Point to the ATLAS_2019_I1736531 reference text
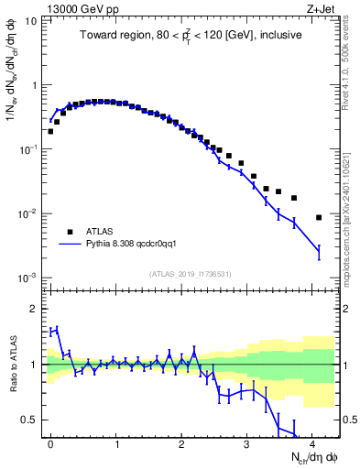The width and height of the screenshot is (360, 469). pyautogui.click(x=190, y=273)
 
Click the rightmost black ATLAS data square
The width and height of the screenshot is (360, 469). pyautogui.click(x=318, y=217)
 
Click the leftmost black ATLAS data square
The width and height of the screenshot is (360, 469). pyautogui.click(x=50, y=131)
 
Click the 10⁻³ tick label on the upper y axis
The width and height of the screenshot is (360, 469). pyautogui.click(x=27, y=277)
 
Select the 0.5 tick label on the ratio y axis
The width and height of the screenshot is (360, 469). pyautogui.click(x=29, y=420)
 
